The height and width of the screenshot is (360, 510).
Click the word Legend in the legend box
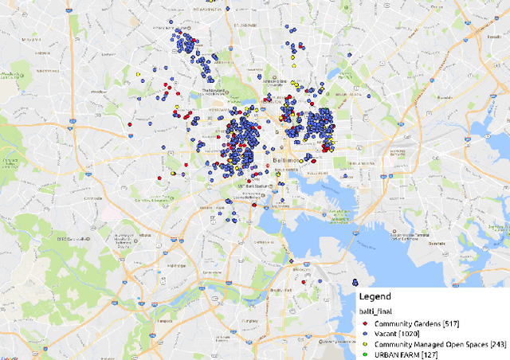pyautogui.click(x=375, y=296)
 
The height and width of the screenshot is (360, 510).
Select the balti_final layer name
pyautogui.click(x=378, y=312)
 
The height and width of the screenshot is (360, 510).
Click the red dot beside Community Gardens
pyautogui.click(x=364, y=324)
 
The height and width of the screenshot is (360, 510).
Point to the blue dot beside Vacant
pyautogui.click(x=364, y=334)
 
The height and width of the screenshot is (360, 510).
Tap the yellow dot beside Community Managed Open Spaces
pyautogui.click(x=364, y=344)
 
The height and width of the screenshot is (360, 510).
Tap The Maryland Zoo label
pyautogui.click(x=217, y=92)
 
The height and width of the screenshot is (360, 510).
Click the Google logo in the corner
pyautogui.click(x=16, y=351)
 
